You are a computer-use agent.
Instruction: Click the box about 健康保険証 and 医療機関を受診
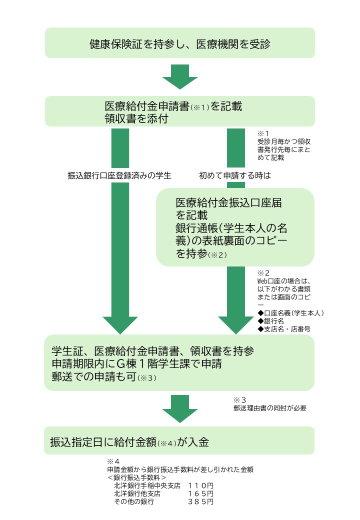pos(180,43)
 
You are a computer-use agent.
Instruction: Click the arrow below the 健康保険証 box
pos(180,76)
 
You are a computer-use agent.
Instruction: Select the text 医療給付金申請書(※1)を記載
pos(173,106)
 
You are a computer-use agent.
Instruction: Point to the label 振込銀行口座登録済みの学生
pos(119,175)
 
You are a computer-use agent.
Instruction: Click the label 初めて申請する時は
pos(234,175)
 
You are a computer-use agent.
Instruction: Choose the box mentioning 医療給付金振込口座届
pos(235,227)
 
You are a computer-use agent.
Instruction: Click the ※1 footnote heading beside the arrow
pos(263,133)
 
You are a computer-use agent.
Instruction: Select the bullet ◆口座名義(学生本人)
pos(290,313)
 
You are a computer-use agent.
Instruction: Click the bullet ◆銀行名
pos(270,321)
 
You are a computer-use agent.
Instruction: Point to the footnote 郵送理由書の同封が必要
pos(269,407)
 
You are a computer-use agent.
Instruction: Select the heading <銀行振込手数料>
pos(136,477)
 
